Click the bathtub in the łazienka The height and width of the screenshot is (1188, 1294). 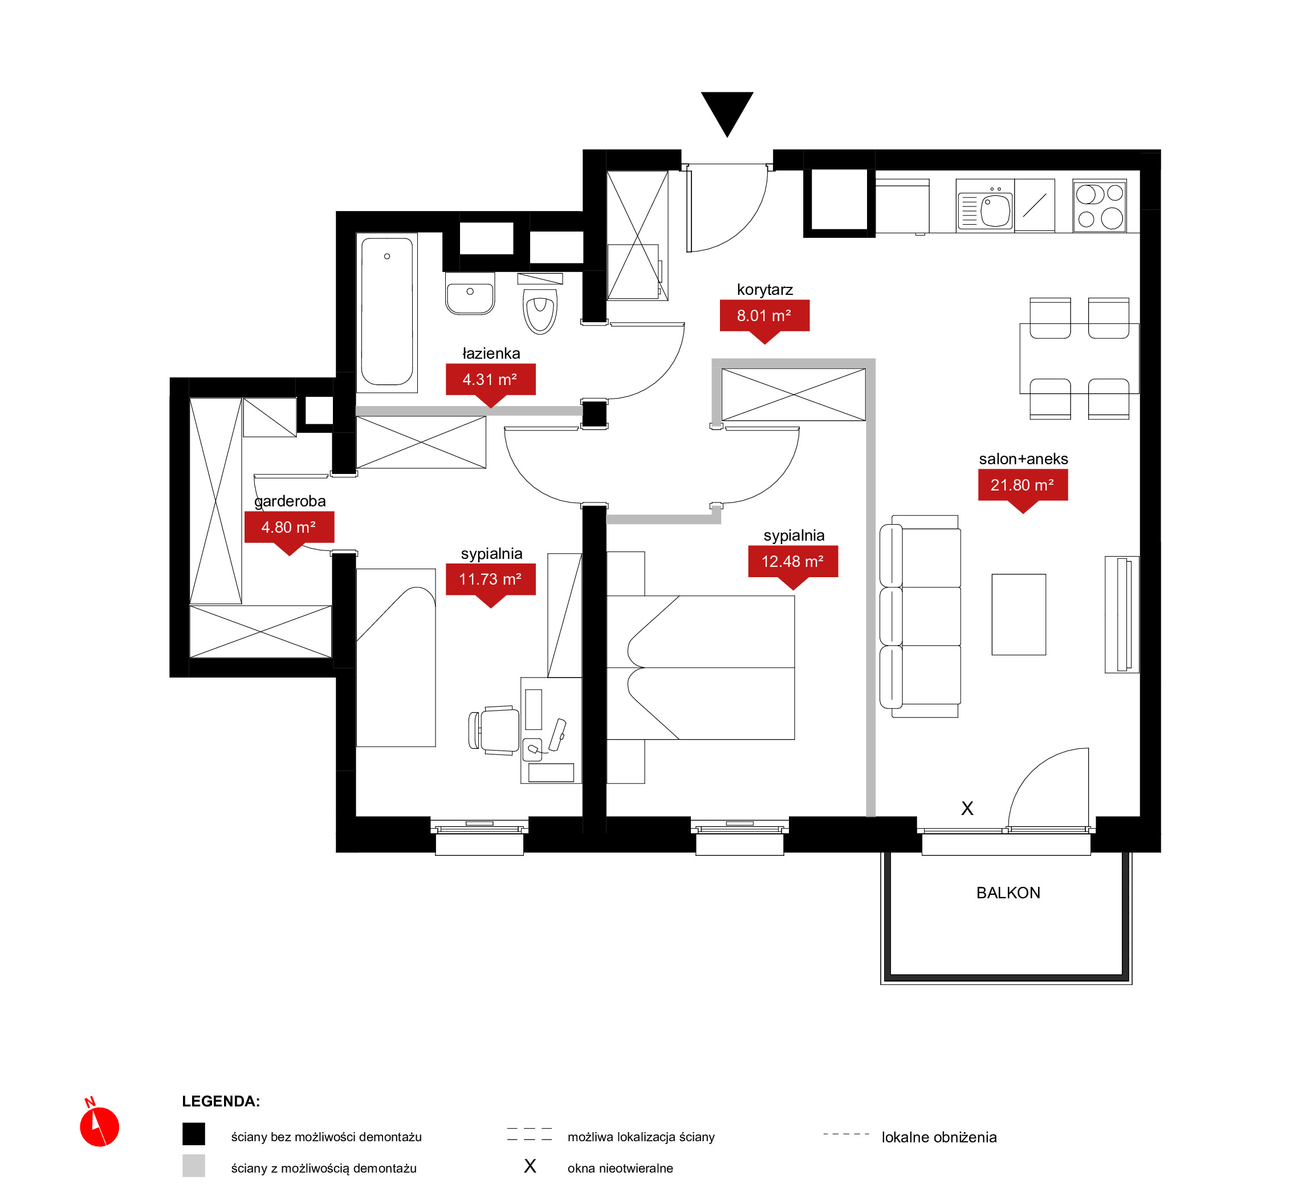pyautogui.click(x=387, y=312)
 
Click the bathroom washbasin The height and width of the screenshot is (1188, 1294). pyautogui.click(x=470, y=294)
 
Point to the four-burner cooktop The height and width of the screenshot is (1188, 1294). pyautogui.click(x=1099, y=206)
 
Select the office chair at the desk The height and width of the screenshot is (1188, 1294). pyautogui.click(x=495, y=729)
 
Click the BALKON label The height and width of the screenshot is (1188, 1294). pyautogui.click(x=1008, y=893)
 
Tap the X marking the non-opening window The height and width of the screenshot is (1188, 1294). pyautogui.click(x=967, y=808)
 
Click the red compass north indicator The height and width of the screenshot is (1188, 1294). pyautogui.click(x=99, y=1126)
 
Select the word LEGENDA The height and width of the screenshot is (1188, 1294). pyautogui.click(x=221, y=1101)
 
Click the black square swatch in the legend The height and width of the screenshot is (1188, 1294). pyautogui.click(x=193, y=1134)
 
